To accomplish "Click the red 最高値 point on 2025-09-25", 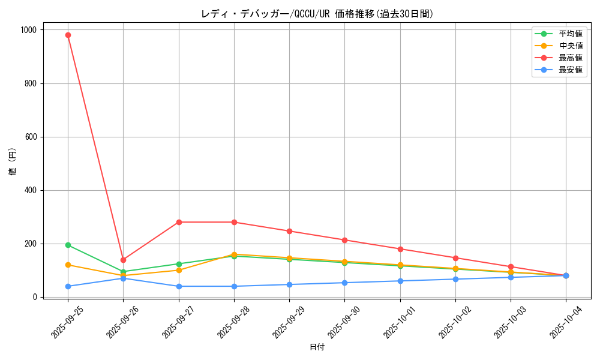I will pyautogui.click(x=68, y=35).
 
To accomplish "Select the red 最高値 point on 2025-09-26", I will pyautogui.click(x=123, y=260).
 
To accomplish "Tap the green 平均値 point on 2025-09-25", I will pyautogui.click(x=68, y=245).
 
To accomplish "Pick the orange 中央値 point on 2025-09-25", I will pyautogui.click(x=68, y=265).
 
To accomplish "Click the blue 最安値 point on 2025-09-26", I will pyautogui.click(x=123, y=278).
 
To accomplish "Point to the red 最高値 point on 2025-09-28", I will pyautogui.click(x=234, y=222).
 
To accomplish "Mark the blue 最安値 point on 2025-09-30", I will pyautogui.click(x=344, y=283).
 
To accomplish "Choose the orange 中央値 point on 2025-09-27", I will pyautogui.click(x=179, y=270).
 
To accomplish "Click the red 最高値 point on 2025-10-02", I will pyautogui.click(x=455, y=258).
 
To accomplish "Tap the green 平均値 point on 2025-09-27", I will pyautogui.click(x=179, y=264).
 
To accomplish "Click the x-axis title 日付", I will pyautogui.click(x=317, y=347).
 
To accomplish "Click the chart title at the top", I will pyautogui.click(x=317, y=14).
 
